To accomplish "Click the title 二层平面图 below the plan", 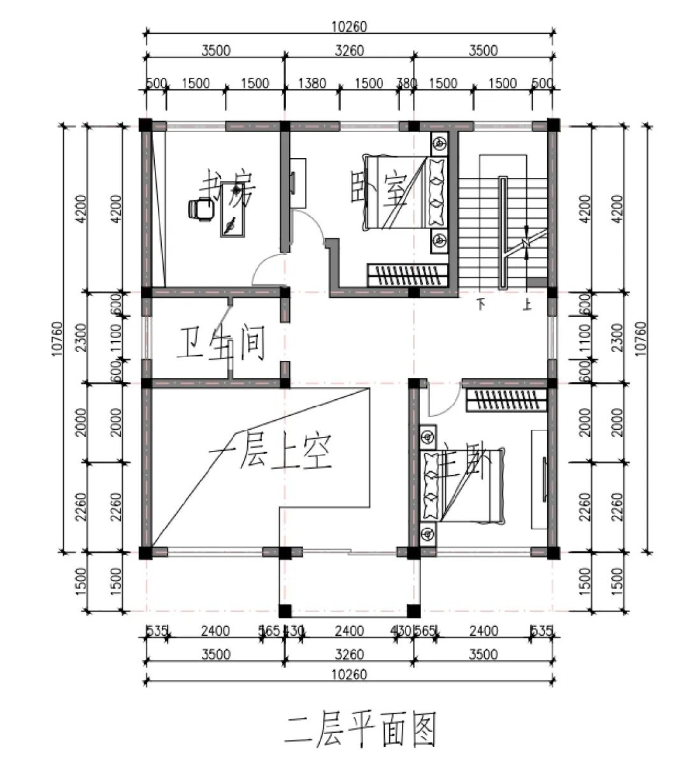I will pyautogui.click(x=361, y=730).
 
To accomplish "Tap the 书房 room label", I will pyautogui.click(x=227, y=188).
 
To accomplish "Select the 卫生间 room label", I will pyautogui.click(x=220, y=345).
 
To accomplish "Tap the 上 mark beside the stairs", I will pyautogui.click(x=527, y=305).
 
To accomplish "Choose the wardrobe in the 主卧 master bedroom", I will pyautogui.click(x=506, y=400).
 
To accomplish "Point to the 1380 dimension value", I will pyautogui.click(x=312, y=84).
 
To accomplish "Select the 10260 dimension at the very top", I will pyautogui.click(x=349, y=27).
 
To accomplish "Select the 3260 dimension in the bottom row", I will pyautogui.click(x=349, y=654).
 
